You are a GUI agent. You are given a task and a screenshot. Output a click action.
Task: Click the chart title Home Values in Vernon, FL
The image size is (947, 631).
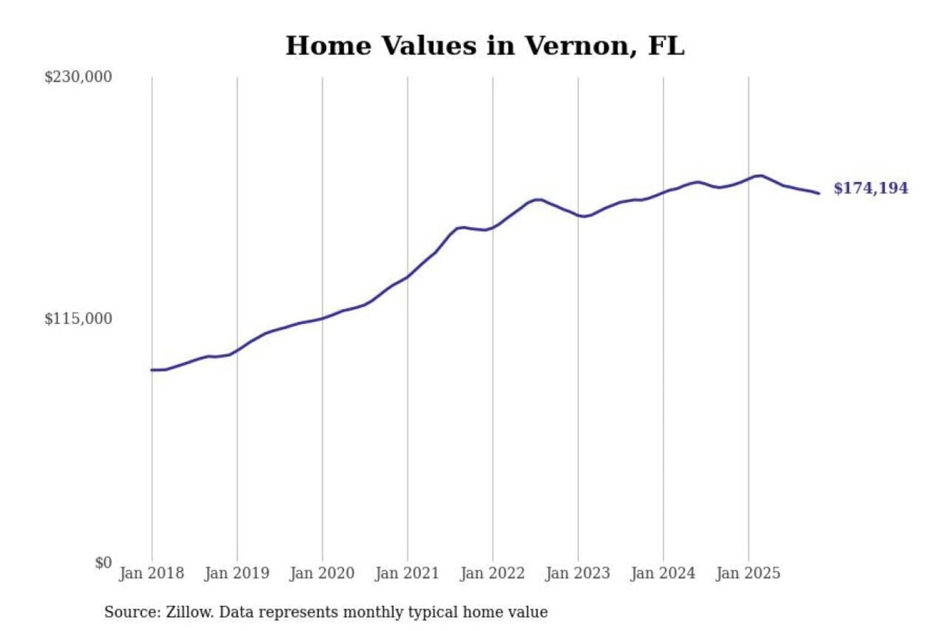(x=485, y=46)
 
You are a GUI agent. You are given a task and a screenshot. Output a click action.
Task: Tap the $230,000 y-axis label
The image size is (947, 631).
(x=78, y=77)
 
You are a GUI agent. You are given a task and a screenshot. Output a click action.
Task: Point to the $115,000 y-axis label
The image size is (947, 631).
(x=78, y=319)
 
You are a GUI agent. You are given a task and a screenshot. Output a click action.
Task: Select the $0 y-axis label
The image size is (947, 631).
(x=103, y=563)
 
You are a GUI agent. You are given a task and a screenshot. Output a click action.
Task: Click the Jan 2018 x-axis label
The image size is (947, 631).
(x=151, y=573)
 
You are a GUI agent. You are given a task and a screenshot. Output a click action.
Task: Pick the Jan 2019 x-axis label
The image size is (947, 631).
(x=237, y=573)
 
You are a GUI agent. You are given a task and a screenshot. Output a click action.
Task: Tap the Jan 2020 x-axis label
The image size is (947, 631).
(x=322, y=573)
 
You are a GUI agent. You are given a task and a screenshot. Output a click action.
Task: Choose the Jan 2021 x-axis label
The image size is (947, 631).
(x=406, y=573)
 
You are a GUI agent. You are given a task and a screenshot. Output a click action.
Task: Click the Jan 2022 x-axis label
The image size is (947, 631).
(x=492, y=573)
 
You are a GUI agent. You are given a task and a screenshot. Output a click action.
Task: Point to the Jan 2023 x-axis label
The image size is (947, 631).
(x=577, y=573)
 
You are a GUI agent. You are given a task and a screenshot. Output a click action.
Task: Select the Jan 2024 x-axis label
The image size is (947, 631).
(x=662, y=573)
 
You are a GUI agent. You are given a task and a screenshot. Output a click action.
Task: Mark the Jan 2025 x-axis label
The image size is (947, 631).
(x=748, y=573)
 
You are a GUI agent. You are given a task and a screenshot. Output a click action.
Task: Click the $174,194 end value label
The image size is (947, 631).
(x=871, y=189)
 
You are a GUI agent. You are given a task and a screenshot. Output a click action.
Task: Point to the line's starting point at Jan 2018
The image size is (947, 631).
(x=152, y=370)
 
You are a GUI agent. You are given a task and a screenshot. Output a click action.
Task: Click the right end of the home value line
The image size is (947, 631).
(x=819, y=193)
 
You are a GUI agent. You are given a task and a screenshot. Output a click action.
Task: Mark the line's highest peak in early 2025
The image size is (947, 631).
(x=761, y=175)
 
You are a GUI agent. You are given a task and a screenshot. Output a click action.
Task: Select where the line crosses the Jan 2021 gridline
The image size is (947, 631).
(x=407, y=277)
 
